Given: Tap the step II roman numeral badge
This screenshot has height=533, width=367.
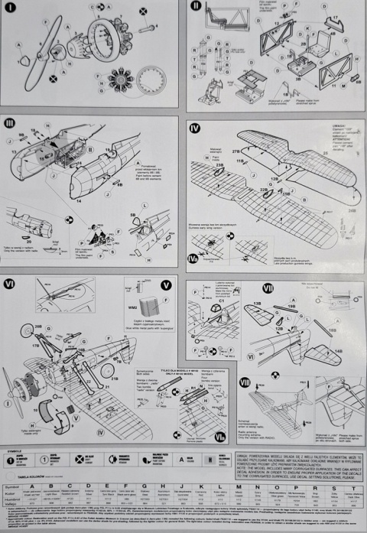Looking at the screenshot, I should [196, 6].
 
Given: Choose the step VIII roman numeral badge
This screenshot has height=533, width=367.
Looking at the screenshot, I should [245, 382].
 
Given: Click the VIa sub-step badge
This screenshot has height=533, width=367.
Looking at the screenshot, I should [220, 437].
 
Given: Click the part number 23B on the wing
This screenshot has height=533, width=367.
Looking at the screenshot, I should [219, 164].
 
